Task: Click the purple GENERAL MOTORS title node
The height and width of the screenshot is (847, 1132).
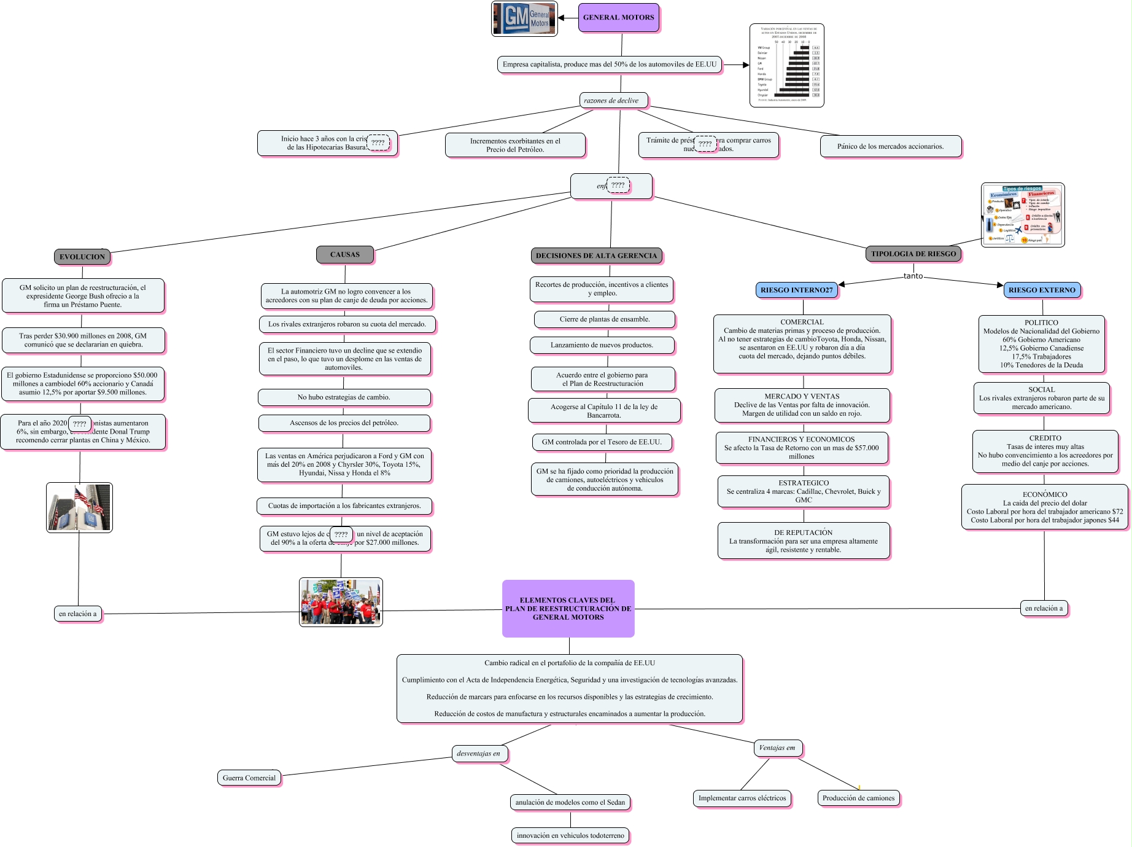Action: click(x=618, y=17)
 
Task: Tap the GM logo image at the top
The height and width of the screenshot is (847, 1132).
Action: click(x=524, y=19)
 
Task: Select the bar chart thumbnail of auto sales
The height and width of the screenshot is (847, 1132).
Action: click(x=786, y=65)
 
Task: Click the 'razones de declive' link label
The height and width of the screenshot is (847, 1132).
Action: click(x=611, y=100)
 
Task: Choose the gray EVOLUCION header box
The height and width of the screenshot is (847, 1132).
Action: click(x=82, y=257)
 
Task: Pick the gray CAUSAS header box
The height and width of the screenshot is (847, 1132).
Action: click(x=345, y=254)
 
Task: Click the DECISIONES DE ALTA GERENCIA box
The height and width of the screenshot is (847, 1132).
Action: click(x=596, y=256)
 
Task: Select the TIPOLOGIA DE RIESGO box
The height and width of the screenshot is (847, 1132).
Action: click(x=913, y=254)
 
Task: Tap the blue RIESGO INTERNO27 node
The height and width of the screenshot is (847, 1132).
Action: click(x=796, y=290)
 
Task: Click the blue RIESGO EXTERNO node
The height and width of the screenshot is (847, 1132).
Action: click(x=1042, y=290)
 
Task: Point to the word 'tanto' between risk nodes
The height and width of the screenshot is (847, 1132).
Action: click(x=913, y=276)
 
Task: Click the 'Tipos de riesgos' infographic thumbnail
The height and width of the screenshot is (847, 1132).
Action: click(x=1023, y=215)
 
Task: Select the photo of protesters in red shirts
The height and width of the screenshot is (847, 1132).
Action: click(x=341, y=602)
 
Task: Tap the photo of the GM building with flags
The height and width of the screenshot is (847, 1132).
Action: click(x=79, y=507)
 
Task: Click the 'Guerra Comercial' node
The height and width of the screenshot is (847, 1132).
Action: click(x=249, y=778)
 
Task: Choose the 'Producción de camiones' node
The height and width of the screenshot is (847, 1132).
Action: click(x=858, y=798)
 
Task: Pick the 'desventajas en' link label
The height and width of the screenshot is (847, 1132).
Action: click(x=478, y=753)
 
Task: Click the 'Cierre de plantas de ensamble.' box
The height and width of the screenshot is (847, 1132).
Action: click(x=605, y=319)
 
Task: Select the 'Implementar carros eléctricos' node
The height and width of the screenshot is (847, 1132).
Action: click(x=742, y=798)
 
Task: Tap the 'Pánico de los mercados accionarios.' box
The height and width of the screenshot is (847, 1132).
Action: click(x=890, y=146)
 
